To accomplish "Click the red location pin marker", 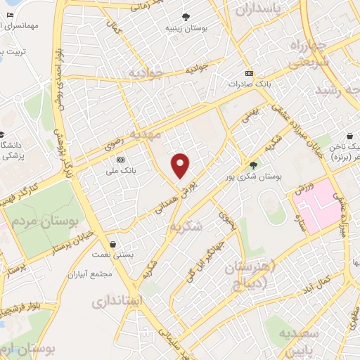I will point(181,165).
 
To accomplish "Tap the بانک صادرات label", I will point(249,83).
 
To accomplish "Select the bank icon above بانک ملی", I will point(120,160).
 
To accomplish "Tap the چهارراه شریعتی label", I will point(305,53).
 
